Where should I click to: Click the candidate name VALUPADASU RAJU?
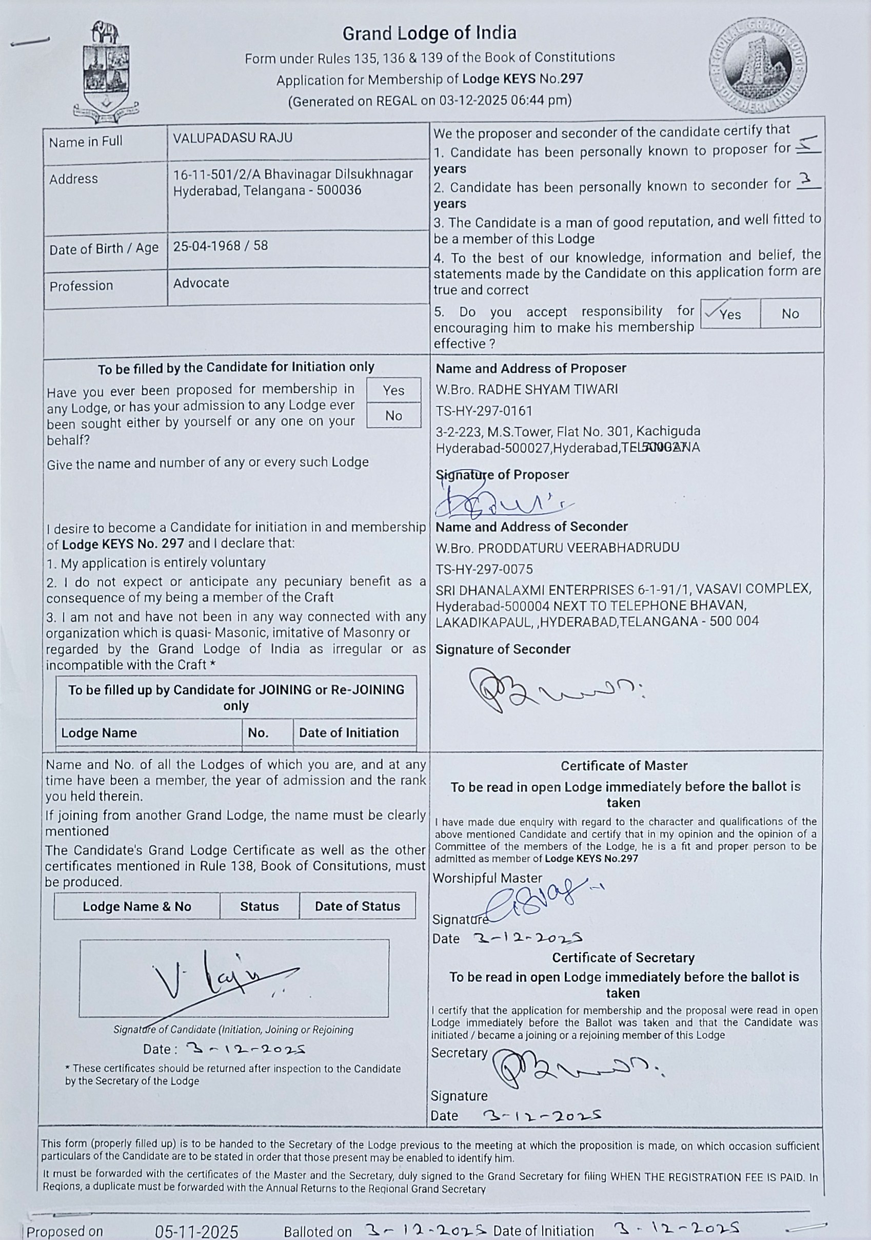click(x=232, y=138)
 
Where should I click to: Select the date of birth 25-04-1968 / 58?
click(x=220, y=246)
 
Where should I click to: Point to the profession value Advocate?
click(x=201, y=283)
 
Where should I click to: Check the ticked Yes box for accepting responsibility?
click(x=729, y=313)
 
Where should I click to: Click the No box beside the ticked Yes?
click(x=790, y=313)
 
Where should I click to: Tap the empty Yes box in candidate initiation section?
click(x=393, y=390)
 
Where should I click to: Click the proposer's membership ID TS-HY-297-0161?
click(x=484, y=411)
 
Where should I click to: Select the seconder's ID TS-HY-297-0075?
click(x=484, y=569)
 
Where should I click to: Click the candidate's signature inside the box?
click(x=221, y=978)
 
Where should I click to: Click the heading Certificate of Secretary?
click(x=623, y=958)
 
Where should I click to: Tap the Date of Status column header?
click(x=357, y=906)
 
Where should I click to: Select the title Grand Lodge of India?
click(x=429, y=33)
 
